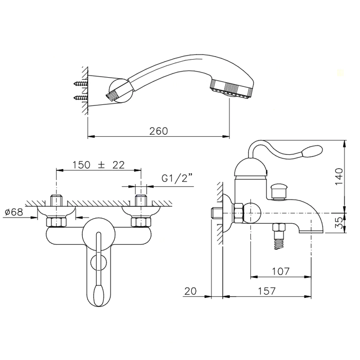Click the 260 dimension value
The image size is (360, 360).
158,131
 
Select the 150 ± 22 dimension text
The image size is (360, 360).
99,165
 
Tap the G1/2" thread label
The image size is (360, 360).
176,178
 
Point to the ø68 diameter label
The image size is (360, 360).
14,212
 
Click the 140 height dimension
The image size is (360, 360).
339,176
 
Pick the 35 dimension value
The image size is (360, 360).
339,223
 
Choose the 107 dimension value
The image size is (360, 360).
281,272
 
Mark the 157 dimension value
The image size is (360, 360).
266,291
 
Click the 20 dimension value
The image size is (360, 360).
191,291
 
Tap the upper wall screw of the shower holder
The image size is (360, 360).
80,83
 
